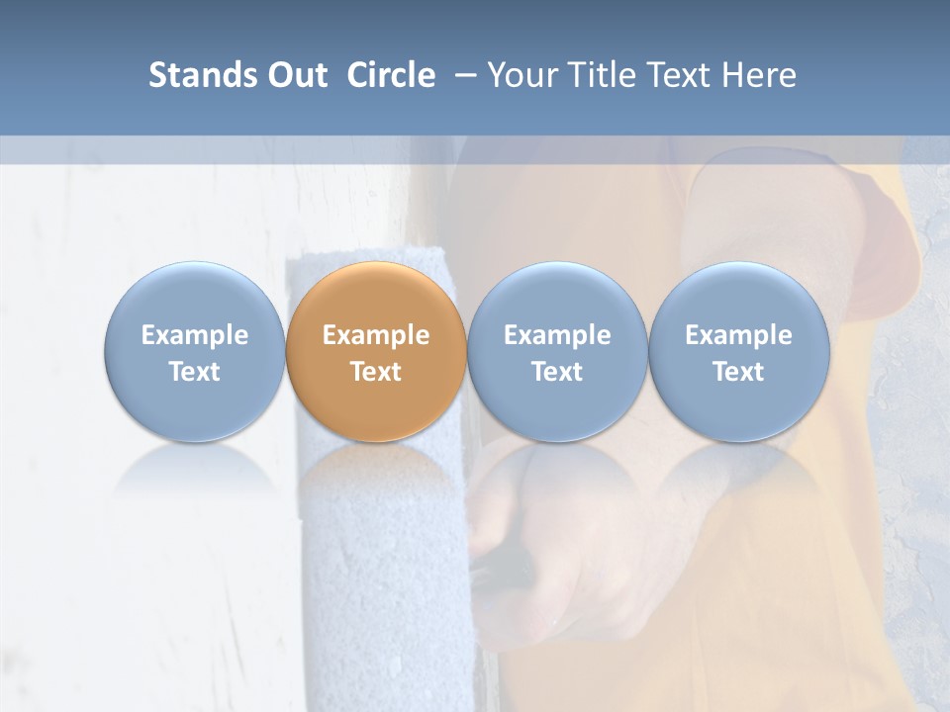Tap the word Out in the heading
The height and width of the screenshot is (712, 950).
295,75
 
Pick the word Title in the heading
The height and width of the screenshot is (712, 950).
601,75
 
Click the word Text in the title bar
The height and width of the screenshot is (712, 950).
678,75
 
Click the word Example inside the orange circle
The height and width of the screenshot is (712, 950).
376,335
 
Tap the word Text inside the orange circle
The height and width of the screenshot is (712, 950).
376,372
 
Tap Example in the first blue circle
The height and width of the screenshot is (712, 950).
194,335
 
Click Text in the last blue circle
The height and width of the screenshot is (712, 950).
739,372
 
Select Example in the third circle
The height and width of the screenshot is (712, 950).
557,335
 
